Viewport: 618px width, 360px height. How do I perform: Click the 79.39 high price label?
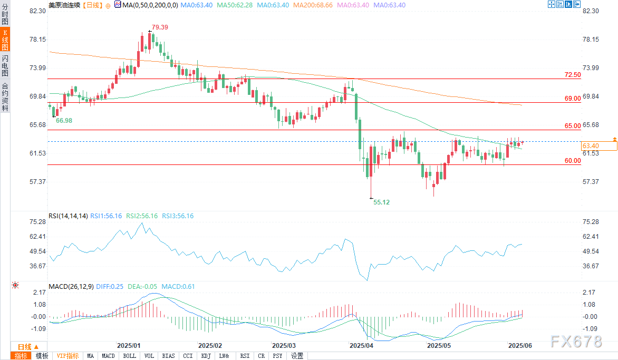pyautogui.click(x=160, y=27)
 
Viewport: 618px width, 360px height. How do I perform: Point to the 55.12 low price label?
pyautogui.click(x=382, y=202)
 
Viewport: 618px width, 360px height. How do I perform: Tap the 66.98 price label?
pyautogui.click(x=64, y=121)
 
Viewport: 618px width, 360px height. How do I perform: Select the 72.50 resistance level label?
pyautogui.click(x=572, y=75)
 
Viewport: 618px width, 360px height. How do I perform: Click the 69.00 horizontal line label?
pyautogui.click(x=572, y=99)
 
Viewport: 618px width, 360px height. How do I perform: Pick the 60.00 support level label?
pyautogui.click(x=572, y=161)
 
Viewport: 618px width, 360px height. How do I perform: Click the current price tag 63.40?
pyautogui.click(x=590, y=145)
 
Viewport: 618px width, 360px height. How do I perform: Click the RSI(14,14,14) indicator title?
pyautogui.click(x=68, y=216)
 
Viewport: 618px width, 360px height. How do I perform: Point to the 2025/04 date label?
pyautogui.click(x=362, y=346)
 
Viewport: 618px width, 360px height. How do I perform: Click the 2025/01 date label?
pyautogui.click(x=128, y=346)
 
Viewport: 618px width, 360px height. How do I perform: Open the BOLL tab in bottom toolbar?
pyautogui.click(x=129, y=356)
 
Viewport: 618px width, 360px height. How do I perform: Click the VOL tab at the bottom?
pyautogui.click(x=149, y=356)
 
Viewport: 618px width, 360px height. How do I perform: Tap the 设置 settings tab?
pyautogui.click(x=297, y=356)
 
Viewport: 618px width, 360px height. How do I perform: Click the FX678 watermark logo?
pyautogui.click(x=576, y=342)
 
